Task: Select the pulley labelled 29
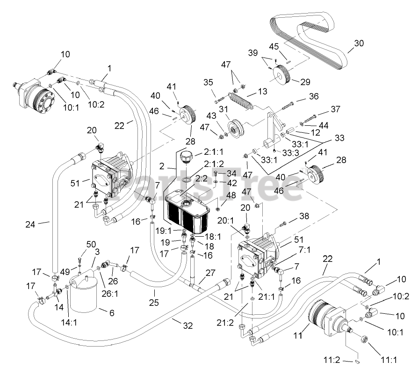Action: coord(281,75)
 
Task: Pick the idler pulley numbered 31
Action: coord(236,130)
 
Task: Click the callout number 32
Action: coord(187,326)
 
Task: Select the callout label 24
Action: coord(30,224)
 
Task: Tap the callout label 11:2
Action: coord(332,360)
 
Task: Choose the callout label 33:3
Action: coord(290,153)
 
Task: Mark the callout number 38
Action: coord(304,216)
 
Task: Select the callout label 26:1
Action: coord(109,294)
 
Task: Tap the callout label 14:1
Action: coord(69,322)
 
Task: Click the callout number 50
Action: coord(91,245)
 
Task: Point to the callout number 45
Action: coord(274,46)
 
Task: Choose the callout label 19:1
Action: coord(164,231)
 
